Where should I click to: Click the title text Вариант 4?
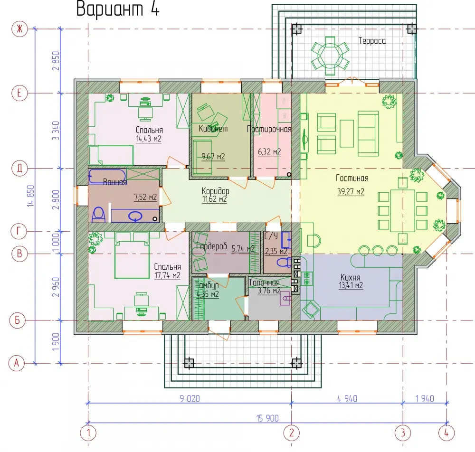pos(117,9)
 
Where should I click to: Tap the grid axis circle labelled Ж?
pos(19,29)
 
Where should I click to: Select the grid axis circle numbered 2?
pos(292,433)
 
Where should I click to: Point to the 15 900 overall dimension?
pos(267,418)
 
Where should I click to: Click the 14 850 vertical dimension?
pos(31,196)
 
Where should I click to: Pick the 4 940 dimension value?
pos(347,398)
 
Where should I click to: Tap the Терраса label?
pos(372,40)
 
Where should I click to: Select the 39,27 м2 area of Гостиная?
pos(351,192)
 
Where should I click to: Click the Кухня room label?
pos(350,277)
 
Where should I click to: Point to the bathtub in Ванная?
pos(107,176)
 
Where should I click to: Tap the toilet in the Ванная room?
pos(98,215)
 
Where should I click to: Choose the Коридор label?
pos(215,191)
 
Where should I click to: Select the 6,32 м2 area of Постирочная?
pos(269,151)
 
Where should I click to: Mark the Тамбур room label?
pos(207,285)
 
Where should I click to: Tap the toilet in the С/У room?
pos(284,263)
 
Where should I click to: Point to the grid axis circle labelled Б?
pos(18,320)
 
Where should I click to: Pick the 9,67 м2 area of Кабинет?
pos(213,157)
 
